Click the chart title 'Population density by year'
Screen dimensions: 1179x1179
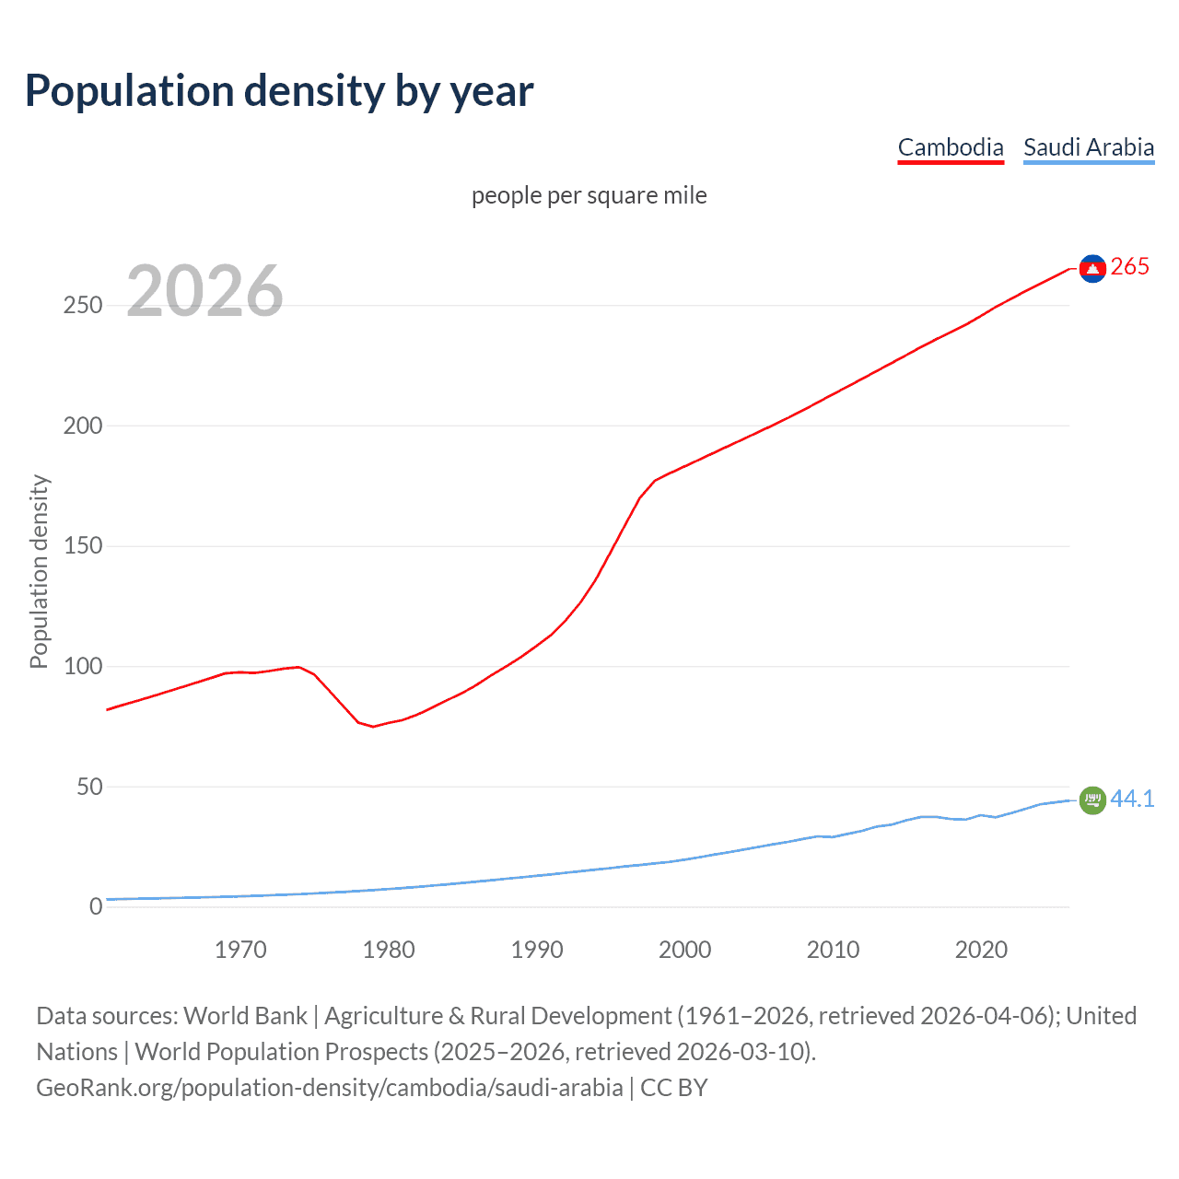pos(279,91)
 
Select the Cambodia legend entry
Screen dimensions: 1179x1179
pos(951,147)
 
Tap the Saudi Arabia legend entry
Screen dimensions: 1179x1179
pos(1089,147)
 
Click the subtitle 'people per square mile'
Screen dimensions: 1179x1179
pos(589,195)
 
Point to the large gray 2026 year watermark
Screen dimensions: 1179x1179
pos(204,291)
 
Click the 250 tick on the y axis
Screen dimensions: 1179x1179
pos(83,306)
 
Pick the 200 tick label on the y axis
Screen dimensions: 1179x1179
pos(83,426)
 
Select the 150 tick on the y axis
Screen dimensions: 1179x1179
pos(83,546)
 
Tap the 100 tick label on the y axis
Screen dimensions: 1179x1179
pos(83,666)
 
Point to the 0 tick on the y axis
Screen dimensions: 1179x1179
pos(96,906)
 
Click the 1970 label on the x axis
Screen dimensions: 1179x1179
pos(240,950)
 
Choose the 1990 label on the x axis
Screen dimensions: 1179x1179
pos(537,950)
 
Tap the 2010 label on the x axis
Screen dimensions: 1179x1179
pos(833,950)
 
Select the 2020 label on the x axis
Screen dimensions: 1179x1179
pos(981,950)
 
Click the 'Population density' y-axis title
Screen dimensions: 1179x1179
pos(39,571)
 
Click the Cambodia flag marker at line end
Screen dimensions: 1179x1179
pos(1092,268)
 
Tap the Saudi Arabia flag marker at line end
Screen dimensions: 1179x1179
pos(1092,800)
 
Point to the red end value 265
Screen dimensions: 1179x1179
pos(1130,266)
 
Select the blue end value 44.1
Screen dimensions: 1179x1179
pos(1132,799)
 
